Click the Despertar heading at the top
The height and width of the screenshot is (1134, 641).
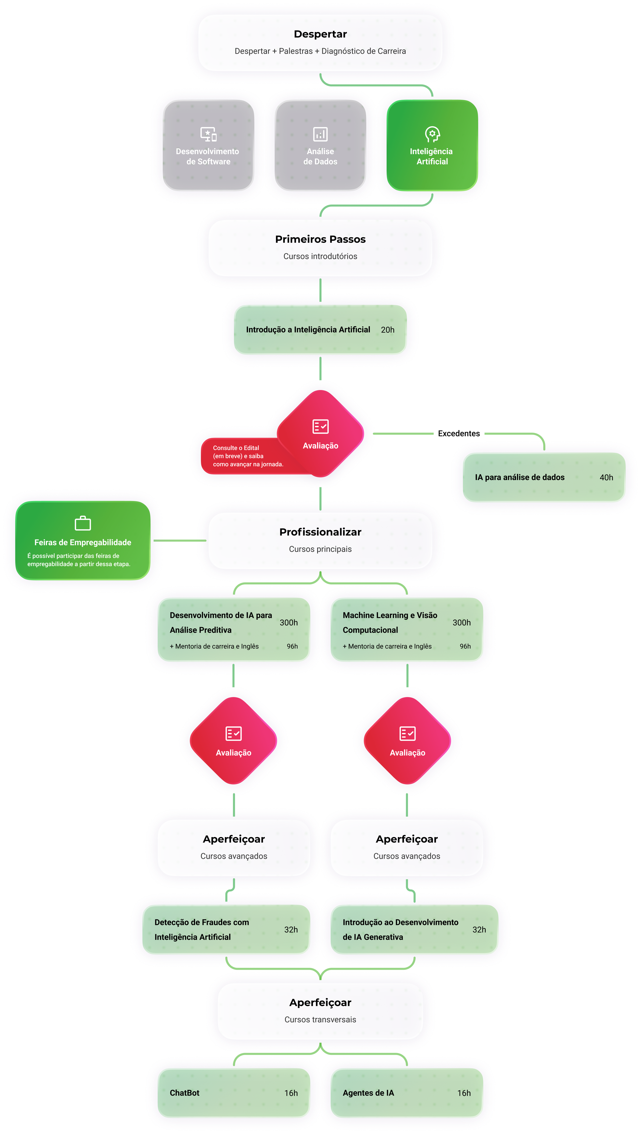pyautogui.click(x=320, y=34)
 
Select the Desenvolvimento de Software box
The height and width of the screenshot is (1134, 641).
pyautogui.click(x=208, y=145)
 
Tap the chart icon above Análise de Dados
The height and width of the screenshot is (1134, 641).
pyautogui.click(x=320, y=133)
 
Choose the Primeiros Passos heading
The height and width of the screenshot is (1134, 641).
pyautogui.click(x=320, y=239)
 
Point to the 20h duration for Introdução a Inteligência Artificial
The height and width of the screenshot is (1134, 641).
pyautogui.click(x=387, y=329)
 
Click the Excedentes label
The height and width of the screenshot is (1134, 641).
pyautogui.click(x=459, y=434)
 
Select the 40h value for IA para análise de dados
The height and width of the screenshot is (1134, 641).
pyautogui.click(x=606, y=477)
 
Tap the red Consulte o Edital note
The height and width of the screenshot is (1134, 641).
pyautogui.click(x=246, y=456)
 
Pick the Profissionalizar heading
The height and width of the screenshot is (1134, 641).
pyautogui.click(x=320, y=532)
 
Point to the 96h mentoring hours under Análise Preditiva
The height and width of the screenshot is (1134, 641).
pyautogui.click(x=292, y=646)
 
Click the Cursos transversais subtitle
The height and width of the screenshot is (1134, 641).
pyautogui.click(x=320, y=1019)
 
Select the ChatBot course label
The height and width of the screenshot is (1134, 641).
pyautogui.click(x=184, y=1092)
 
